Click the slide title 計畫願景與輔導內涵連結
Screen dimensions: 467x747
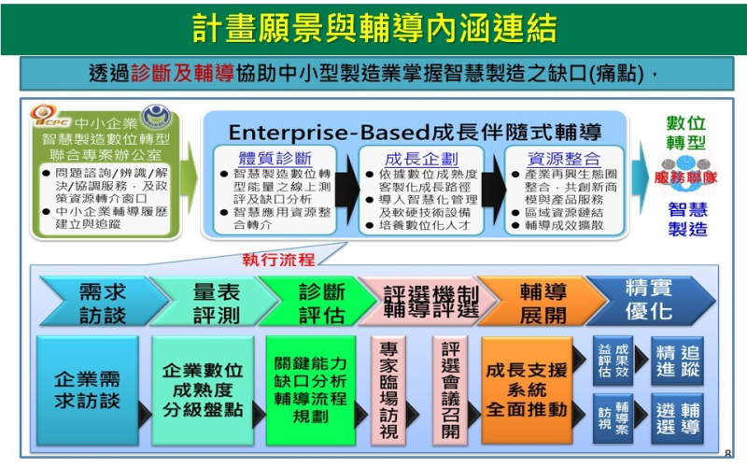click(x=373, y=26)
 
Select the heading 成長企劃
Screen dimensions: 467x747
click(x=421, y=158)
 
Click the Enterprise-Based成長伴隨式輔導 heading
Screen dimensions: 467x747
click(x=416, y=131)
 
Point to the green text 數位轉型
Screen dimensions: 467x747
click(x=685, y=134)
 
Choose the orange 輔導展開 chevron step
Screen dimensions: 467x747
click(x=542, y=302)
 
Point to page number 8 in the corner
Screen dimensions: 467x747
click(x=727, y=453)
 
